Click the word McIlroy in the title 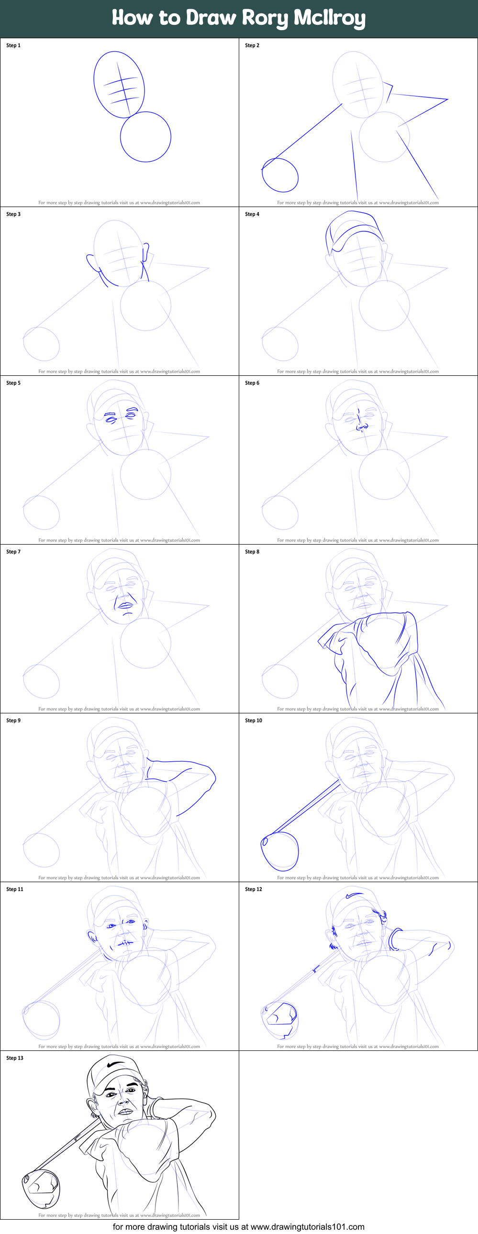[x=329, y=18]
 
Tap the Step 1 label [x=13, y=45]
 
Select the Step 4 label [x=252, y=214]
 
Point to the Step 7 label [x=13, y=551]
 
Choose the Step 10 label [x=254, y=720]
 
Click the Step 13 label [x=15, y=1058]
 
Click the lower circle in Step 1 [x=146, y=162]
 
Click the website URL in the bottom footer [x=307, y=1227]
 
